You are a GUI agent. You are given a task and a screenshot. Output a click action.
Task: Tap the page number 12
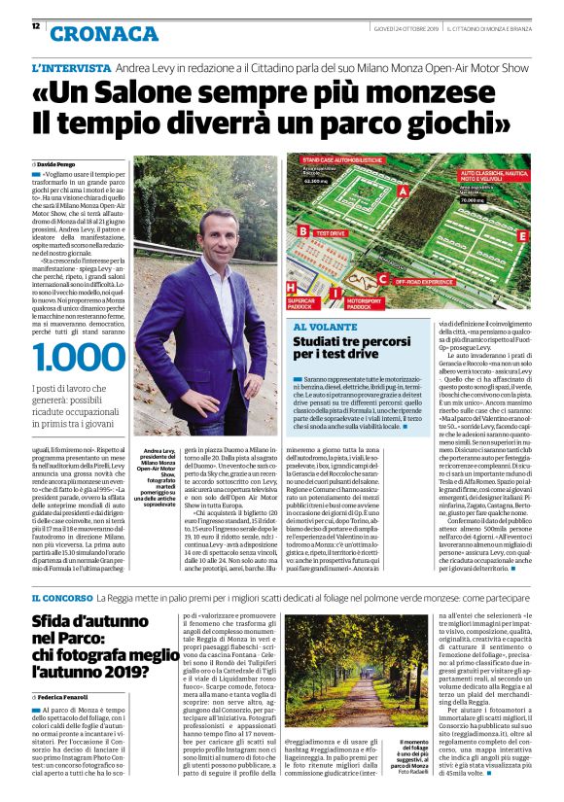(36, 25)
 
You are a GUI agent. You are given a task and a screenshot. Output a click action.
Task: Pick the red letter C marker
(381, 280)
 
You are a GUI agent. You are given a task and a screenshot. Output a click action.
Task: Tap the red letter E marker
(522, 235)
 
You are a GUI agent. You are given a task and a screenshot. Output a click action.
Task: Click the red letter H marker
(291, 288)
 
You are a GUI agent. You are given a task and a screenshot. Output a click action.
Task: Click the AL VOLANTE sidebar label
(320, 329)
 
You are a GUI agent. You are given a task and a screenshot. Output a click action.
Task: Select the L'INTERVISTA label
(71, 69)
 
